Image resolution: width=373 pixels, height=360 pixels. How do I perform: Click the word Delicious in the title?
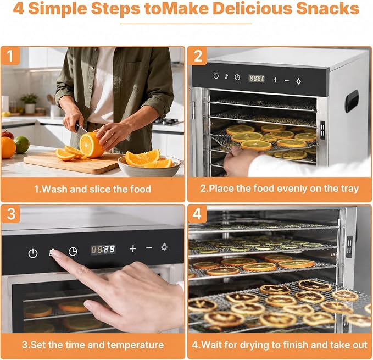(252, 8)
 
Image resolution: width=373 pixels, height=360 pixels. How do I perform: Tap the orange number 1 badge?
(10, 56)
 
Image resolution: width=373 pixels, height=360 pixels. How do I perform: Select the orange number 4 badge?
(197, 214)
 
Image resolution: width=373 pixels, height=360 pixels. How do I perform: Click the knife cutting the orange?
(81, 130)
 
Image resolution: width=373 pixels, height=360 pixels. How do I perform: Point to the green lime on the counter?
(22, 145)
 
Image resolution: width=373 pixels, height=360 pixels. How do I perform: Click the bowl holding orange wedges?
(149, 167)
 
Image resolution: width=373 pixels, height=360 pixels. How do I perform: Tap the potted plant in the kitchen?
(30, 103)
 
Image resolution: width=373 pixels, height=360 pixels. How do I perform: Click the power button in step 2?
(216, 76)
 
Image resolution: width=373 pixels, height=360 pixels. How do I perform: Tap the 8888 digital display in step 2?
(257, 79)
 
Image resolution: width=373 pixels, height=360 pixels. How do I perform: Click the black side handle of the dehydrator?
(352, 101)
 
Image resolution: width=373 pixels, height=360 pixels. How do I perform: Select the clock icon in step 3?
(73, 252)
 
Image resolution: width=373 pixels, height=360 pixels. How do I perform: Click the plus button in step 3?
(133, 248)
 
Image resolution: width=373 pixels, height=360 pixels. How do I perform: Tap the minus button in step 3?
(149, 248)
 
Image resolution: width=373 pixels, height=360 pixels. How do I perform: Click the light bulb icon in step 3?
(164, 247)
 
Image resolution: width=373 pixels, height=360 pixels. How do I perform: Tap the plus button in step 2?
(275, 80)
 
